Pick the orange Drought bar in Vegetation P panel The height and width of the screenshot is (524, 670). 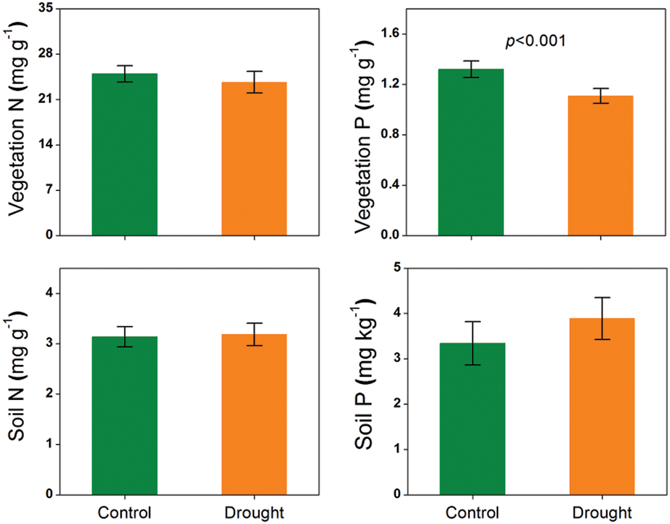(x=601, y=166)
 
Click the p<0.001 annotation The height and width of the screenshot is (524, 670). (x=535, y=41)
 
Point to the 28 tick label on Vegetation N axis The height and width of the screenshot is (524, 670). (x=46, y=54)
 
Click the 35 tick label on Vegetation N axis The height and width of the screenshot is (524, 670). (x=46, y=9)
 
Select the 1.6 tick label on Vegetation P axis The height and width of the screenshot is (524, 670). (x=390, y=34)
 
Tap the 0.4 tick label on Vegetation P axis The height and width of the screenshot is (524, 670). (x=390, y=185)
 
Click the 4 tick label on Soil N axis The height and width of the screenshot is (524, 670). (x=49, y=293)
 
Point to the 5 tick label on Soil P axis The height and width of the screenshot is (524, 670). (x=397, y=267)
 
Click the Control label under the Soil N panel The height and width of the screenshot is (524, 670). (x=124, y=513)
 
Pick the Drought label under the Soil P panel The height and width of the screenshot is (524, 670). (x=602, y=513)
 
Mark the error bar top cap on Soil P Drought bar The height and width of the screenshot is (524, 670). (x=602, y=297)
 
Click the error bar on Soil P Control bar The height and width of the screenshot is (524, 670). (x=472, y=343)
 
